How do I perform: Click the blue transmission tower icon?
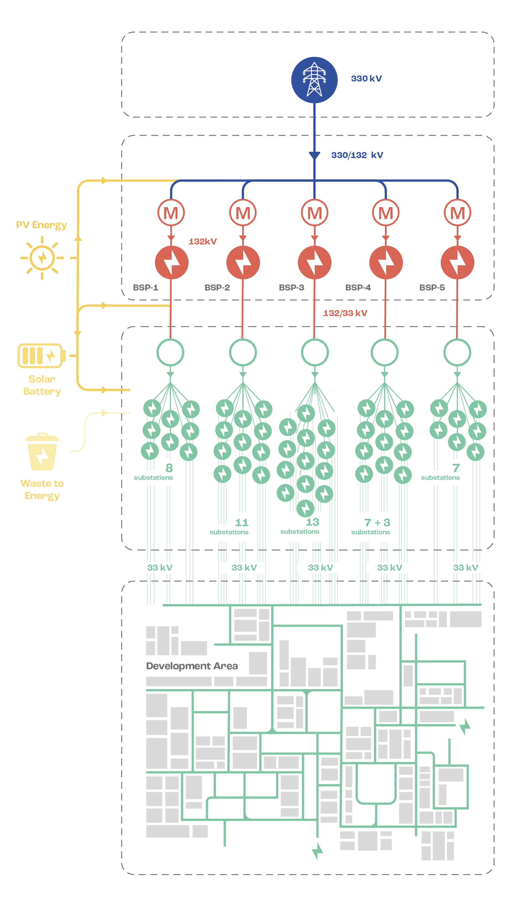[x=314, y=80]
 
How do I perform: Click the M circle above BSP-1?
[x=171, y=213]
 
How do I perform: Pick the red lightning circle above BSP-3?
[x=314, y=262]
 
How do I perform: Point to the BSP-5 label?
[x=432, y=287]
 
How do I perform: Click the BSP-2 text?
[x=217, y=287]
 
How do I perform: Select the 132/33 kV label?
[x=345, y=313]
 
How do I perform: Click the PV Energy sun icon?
[x=42, y=258]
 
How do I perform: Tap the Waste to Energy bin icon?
[x=42, y=452]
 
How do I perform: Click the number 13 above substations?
[x=312, y=522]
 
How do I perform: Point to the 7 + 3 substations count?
[x=377, y=523]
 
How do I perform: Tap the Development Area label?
[x=192, y=666]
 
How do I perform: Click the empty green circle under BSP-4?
[x=384, y=352]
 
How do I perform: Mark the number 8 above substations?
[x=169, y=468]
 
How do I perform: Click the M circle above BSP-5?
[x=457, y=213]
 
